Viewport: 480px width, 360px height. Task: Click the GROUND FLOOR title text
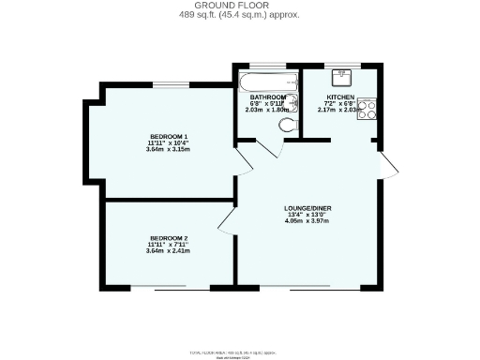pos(239,5)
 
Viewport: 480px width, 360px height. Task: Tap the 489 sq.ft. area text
pos(239,15)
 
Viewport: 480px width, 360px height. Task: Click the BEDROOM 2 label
pos(169,238)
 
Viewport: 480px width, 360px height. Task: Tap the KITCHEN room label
pos(339,97)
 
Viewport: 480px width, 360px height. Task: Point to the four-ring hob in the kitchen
pos(367,108)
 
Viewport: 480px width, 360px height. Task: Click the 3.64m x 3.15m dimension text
pos(169,147)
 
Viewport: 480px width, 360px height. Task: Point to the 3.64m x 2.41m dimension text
pos(169,250)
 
